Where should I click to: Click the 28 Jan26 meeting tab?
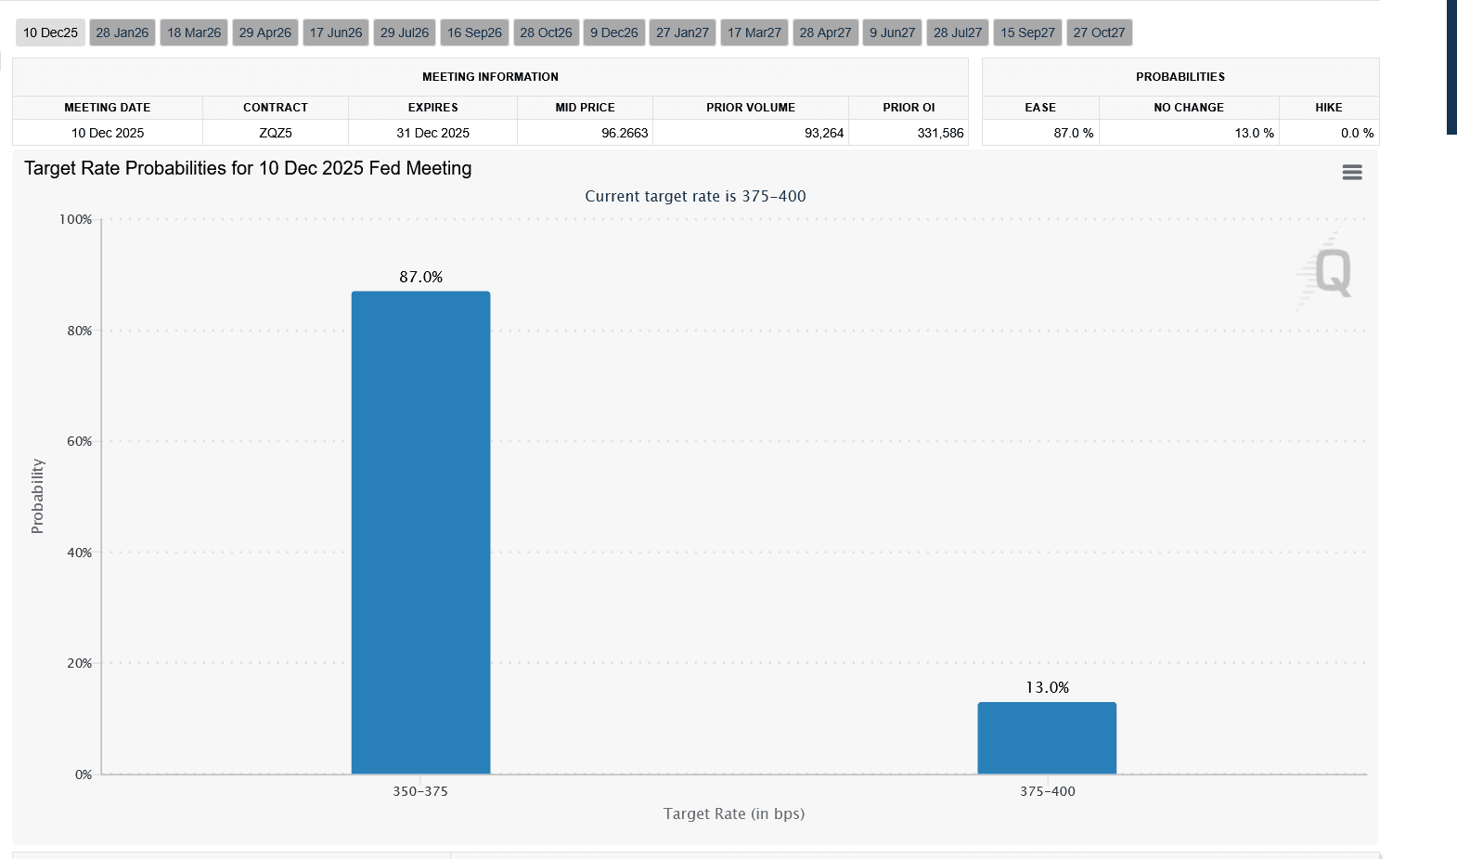(x=122, y=33)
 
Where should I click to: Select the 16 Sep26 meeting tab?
(x=474, y=33)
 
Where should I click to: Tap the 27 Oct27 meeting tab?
(x=1099, y=33)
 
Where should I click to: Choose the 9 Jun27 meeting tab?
(x=892, y=33)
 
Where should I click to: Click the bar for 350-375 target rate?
(x=420, y=532)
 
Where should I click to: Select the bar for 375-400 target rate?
(x=1047, y=737)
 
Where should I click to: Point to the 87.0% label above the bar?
(x=421, y=277)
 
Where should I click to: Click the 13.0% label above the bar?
(x=1047, y=687)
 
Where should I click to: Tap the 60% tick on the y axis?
(x=80, y=441)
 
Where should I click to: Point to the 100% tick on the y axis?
(x=76, y=219)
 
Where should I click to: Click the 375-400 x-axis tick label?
(x=1047, y=791)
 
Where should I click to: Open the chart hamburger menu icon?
(x=1352, y=172)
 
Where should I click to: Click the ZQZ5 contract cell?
(x=276, y=133)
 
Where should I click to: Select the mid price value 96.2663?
(x=625, y=133)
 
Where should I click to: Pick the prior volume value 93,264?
(x=824, y=133)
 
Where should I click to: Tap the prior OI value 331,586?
(x=940, y=133)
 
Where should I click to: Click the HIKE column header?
(x=1328, y=108)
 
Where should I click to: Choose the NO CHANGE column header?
(x=1189, y=108)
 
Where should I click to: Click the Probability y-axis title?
(x=37, y=496)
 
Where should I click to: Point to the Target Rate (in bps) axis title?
(x=734, y=813)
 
